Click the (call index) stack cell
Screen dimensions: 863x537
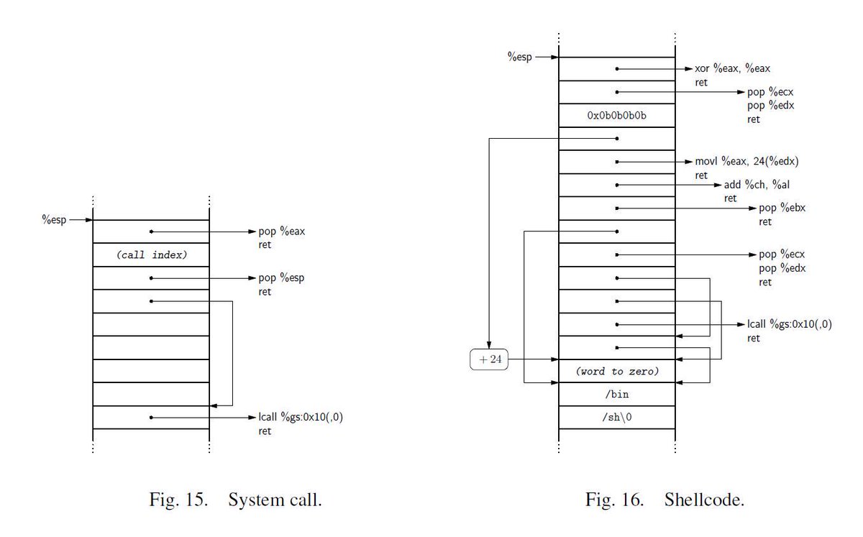click(152, 255)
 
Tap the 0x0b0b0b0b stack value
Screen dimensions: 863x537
click(616, 116)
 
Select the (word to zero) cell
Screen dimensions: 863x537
click(617, 372)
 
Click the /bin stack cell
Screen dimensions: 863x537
click(617, 395)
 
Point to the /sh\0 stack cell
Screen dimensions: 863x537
click(617, 418)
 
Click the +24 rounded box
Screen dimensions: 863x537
click(489, 359)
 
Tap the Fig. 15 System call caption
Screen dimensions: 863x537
click(235, 500)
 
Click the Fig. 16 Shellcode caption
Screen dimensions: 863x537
click(665, 500)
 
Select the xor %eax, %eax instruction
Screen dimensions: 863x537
click(732, 68)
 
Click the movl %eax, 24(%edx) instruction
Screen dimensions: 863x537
click(746, 162)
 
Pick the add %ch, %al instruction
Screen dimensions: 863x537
click(757, 185)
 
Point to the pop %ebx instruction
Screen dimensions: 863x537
click(782, 208)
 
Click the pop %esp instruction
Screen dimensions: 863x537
click(281, 278)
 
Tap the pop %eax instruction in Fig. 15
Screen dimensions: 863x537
click(282, 231)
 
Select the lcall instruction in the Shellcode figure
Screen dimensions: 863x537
click(790, 324)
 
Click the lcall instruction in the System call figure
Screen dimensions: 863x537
click(301, 417)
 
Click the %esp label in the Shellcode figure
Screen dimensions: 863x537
click(519, 57)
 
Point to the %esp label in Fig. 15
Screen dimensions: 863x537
click(54, 220)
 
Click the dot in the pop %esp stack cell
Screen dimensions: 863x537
click(152, 278)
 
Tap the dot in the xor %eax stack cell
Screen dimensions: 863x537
click(617, 69)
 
